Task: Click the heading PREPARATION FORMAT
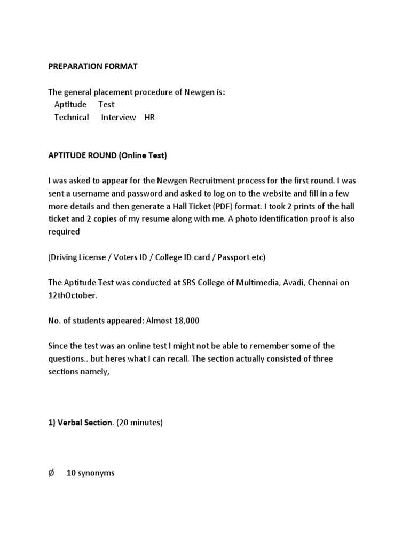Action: (x=92, y=66)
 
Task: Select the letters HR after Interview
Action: (x=149, y=117)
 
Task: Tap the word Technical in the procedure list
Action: (x=72, y=117)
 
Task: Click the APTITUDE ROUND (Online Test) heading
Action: (x=107, y=155)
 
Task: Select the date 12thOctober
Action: (x=73, y=295)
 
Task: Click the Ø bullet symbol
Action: (x=51, y=473)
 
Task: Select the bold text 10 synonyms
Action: (x=90, y=473)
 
